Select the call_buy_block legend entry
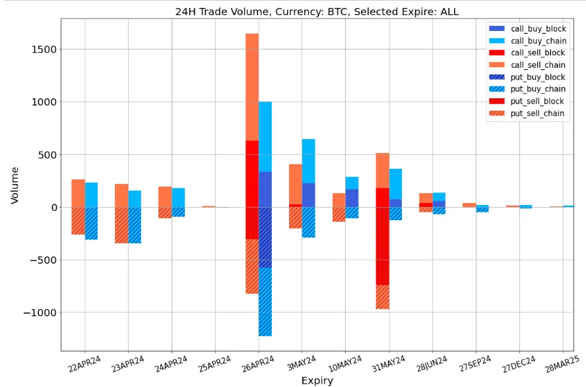[538, 30]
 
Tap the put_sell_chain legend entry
[538, 113]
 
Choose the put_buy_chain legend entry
[538, 89]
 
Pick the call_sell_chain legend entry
[538, 65]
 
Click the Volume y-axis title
[15, 185]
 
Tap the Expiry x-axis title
[317, 380]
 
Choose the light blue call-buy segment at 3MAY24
[308, 161]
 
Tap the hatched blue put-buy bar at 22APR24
[91, 223]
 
